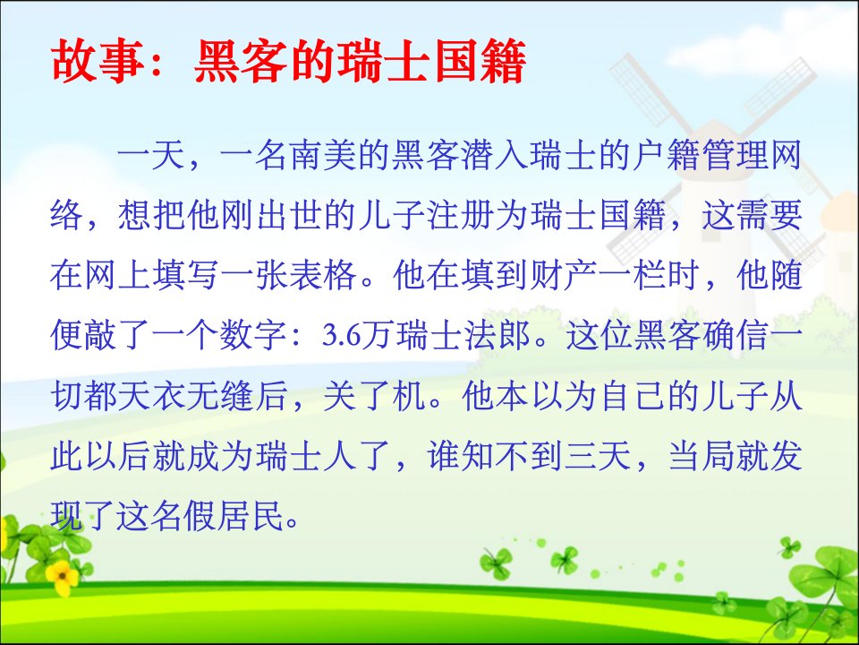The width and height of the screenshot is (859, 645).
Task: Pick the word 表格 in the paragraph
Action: (x=323, y=274)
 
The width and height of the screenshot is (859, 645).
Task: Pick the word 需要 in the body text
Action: (x=770, y=215)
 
